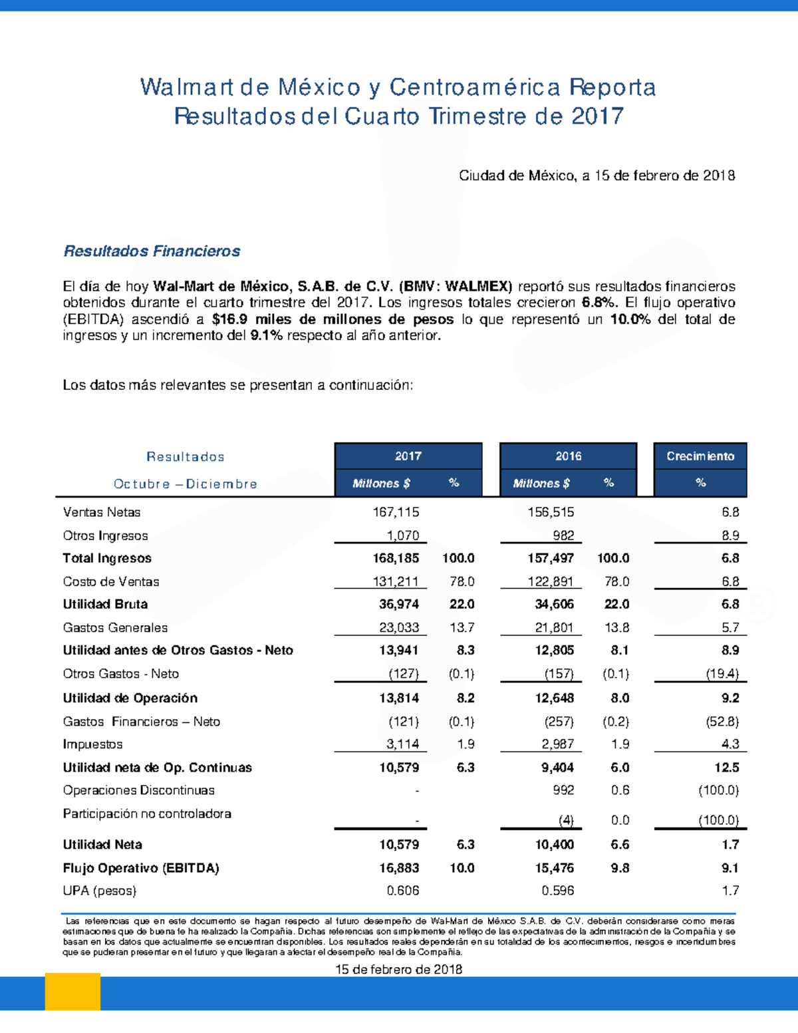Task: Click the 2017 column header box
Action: click(x=408, y=456)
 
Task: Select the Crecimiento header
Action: click(x=700, y=456)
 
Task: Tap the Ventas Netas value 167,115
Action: click(x=396, y=512)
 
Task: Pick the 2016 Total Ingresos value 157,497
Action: click(x=551, y=558)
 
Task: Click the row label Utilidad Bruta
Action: click(x=105, y=604)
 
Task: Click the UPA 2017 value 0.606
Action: click(x=403, y=891)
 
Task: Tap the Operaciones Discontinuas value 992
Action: click(x=563, y=790)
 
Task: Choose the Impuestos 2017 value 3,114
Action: click(x=402, y=744)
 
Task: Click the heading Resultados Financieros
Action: click(x=152, y=251)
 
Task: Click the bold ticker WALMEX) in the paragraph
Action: click(x=478, y=287)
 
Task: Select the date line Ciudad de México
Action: click(x=597, y=176)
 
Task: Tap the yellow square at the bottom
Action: click(x=72, y=992)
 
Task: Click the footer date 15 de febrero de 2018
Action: click(x=398, y=969)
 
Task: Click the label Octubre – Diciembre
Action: click(x=186, y=484)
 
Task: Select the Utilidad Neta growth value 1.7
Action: click(x=730, y=845)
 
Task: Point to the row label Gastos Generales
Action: click(x=115, y=627)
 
